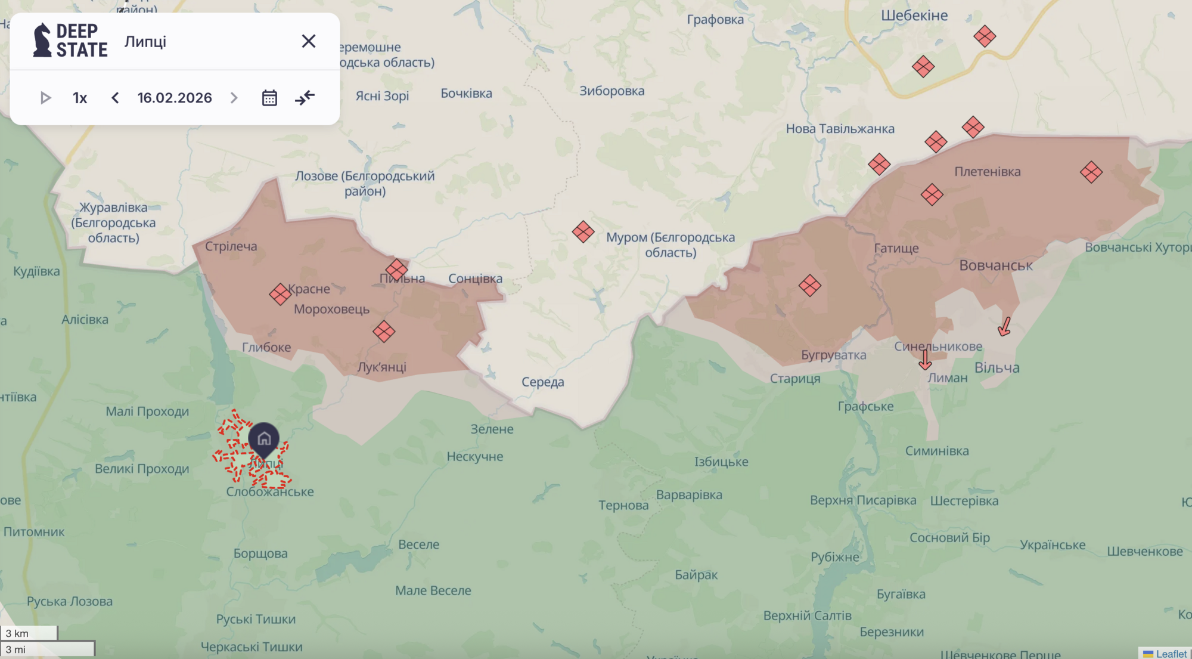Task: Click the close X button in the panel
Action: (308, 41)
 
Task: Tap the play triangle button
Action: (45, 98)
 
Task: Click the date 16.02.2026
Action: (175, 98)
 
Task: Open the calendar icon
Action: (269, 98)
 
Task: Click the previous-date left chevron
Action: (115, 98)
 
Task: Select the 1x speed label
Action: (80, 98)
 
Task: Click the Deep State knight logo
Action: (42, 41)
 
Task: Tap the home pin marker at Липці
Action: (264, 440)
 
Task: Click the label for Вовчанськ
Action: (995, 265)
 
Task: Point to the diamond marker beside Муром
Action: (583, 231)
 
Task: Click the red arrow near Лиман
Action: (924, 360)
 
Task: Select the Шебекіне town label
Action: (914, 16)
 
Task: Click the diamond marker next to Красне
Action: (280, 294)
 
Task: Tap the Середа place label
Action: (542, 382)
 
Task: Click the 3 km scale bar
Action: (29, 633)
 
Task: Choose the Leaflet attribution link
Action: (1171, 654)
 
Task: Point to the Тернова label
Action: (623, 506)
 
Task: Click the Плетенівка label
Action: (987, 172)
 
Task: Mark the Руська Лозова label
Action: (70, 601)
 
